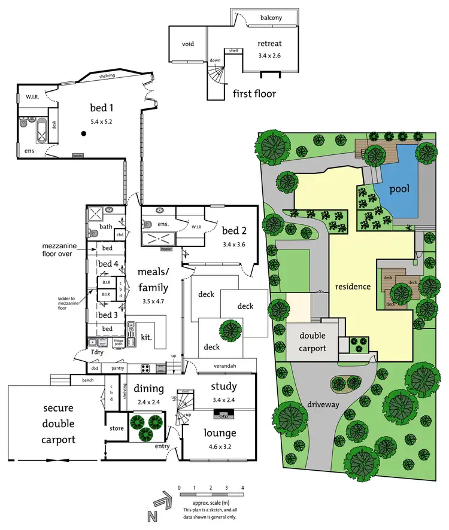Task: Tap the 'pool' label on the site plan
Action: [x=399, y=190]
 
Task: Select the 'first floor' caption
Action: [x=254, y=93]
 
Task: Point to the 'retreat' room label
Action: [x=269, y=44]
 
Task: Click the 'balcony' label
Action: [x=271, y=18]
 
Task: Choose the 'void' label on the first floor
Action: [x=188, y=44]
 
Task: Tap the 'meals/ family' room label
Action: [x=154, y=280]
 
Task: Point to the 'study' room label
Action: [x=224, y=386]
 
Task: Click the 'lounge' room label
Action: [x=219, y=433]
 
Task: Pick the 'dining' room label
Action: [x=148, y=388]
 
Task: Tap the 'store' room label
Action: [x=116, y=428]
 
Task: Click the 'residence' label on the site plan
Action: [x=353, y=287]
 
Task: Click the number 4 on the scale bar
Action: [x=242, y=488]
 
